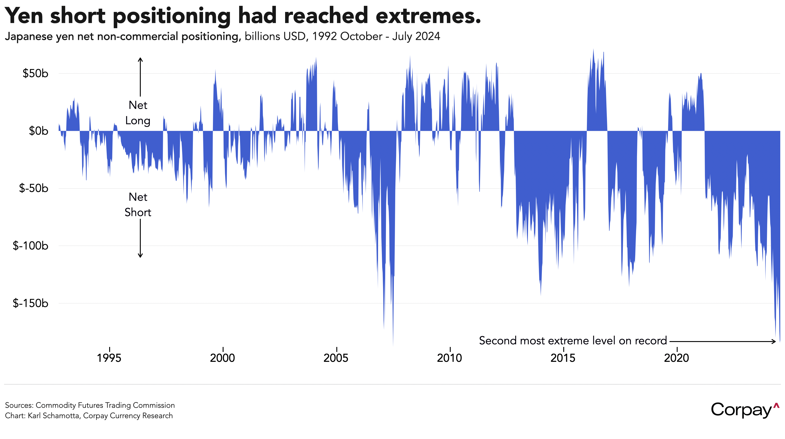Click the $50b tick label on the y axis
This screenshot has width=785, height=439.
[35, 74]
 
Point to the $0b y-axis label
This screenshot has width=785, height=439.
[38, 131]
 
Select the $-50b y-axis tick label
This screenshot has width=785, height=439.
[34, 188]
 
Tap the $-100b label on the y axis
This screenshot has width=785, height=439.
[30, 246]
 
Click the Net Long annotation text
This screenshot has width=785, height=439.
[138, 113]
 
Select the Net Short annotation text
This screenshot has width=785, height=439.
[138, 205]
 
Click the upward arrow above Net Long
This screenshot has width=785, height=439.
[140, 76]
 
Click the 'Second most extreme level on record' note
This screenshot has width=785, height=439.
[573, 341]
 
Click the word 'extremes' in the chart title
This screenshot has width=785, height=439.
[428, 16]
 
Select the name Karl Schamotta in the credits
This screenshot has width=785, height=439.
[53, 416]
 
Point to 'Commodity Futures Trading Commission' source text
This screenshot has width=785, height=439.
[105, 405]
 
